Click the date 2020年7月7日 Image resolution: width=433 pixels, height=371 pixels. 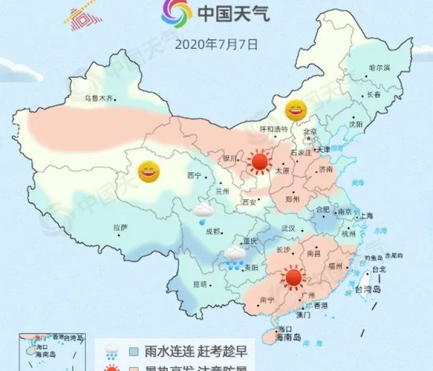[216, 45]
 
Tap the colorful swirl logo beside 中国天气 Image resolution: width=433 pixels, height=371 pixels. [176, 14]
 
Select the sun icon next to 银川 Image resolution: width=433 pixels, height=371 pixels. [260, 162]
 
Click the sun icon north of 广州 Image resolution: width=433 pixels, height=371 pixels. [293, 278]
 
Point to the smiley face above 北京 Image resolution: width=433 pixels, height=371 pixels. [296, 110]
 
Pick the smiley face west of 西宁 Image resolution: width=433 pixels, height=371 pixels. [148, 171]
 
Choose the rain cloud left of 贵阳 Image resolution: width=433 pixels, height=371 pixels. [234, 258]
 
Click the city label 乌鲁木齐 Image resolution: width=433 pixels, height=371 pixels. [100, 98]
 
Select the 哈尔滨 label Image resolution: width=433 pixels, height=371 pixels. [379, 67]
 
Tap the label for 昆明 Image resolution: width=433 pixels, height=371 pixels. [200, 284]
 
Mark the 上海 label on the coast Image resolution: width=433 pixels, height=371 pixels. [366, 215]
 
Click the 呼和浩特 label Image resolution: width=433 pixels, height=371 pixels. [273, 129]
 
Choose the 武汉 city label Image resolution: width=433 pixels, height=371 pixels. [288, 228]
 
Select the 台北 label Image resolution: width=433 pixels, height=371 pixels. [378, 269]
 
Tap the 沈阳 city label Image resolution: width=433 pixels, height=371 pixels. [356, 124]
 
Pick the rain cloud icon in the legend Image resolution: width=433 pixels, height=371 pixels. [112, 352]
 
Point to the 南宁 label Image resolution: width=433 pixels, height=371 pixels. [267, 300]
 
